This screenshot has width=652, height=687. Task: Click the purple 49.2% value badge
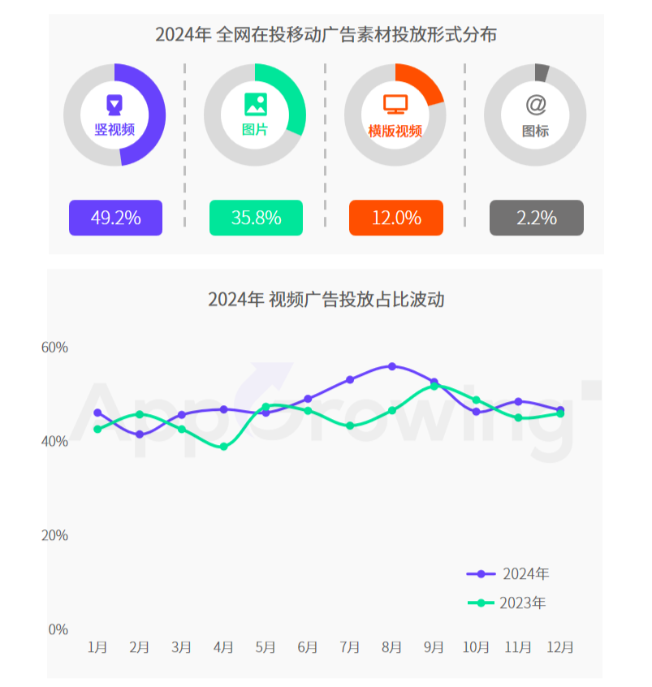click(115, 218)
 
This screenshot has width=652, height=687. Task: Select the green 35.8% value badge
click(256, 218)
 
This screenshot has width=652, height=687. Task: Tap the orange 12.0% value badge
click(396, 218)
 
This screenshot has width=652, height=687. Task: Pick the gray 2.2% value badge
click(536, 218)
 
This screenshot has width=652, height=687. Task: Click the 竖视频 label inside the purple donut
click(114, 129)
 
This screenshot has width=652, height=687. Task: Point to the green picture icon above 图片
click(255, 104)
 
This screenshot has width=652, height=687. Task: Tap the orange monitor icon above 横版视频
click(395, 104)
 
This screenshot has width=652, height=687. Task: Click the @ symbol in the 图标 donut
click(535, 104)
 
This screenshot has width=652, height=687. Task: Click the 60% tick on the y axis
click(54, 348)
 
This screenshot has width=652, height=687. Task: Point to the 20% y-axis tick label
click(54, 536)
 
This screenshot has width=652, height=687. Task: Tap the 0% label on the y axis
click(58, 629)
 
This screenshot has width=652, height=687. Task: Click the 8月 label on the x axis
click(391, 647)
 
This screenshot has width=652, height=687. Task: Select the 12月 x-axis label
click(559, 647)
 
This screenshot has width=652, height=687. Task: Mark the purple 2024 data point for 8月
click(392, 366)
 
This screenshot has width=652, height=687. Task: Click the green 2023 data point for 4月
click(224, 447)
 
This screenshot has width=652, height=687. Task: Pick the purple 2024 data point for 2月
click(140, 434)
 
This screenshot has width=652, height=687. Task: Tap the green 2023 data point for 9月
click(434, 386)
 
